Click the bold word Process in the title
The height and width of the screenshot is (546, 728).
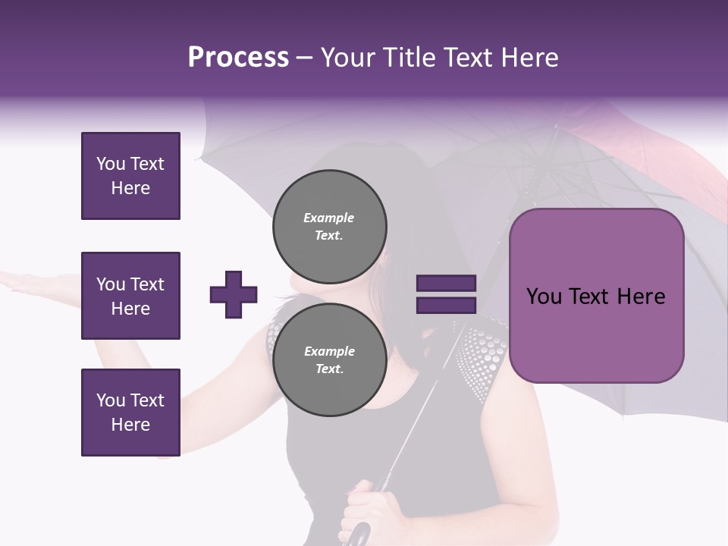point(238,58)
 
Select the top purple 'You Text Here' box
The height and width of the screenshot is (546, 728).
point(130,176)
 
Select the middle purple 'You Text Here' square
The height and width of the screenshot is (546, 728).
point(130,296)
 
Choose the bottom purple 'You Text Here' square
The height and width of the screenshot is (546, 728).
point(130,413)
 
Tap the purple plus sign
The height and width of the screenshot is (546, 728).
point(234,294)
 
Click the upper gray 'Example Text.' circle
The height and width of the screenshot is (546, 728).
point(329,227)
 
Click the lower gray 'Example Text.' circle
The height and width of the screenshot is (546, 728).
point(329,360)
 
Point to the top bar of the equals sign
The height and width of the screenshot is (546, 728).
point(446,284)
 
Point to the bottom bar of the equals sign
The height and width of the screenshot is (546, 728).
point(446,306)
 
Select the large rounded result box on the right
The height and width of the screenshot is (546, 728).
point(596,296)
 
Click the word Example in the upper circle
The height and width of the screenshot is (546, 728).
point(329,218)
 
